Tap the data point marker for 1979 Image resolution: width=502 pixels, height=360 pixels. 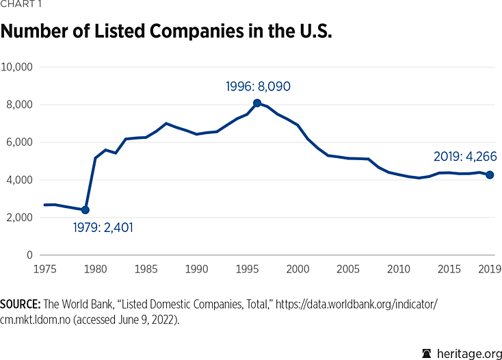(x=85, y=209)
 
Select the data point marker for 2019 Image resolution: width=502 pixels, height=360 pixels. (x=490, y=175)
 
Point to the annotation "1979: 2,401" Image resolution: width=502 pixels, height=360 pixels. (x=103, y=227)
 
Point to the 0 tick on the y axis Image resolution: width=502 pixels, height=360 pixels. (x=29, y=255)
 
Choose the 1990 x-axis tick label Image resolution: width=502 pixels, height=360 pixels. (x=196, y=268)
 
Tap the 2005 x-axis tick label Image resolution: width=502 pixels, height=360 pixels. (x=348, y=268)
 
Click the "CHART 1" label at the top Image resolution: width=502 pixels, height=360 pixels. (x=21, y=5)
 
